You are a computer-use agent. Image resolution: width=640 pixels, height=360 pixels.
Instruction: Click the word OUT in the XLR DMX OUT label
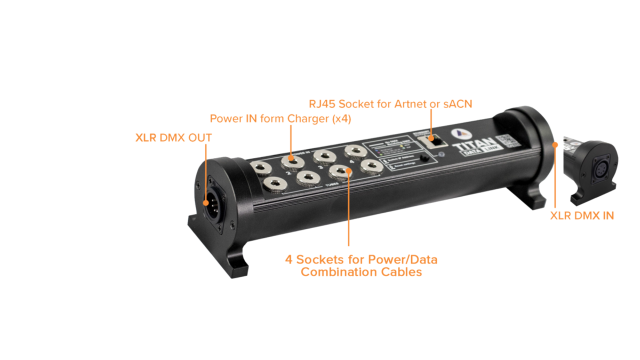click(x=199, y=137)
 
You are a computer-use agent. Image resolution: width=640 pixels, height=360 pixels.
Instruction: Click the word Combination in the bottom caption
click(x=334, y=272)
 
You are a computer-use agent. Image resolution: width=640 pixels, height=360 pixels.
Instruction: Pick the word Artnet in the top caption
click(x=408, y=104)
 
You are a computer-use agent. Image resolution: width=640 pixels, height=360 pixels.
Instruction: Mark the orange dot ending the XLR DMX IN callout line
click(x=555, y=144)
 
